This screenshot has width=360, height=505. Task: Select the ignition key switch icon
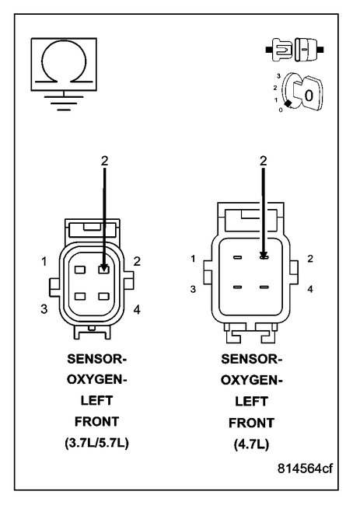pos(299,92)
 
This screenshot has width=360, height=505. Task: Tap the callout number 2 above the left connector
pos(104,161)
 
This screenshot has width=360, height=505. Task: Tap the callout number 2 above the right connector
pos(264,160)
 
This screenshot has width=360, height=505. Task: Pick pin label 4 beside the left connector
pos(137,310)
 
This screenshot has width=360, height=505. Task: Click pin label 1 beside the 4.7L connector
pos(193,258)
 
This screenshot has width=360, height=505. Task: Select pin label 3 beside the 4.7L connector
pos(193,288)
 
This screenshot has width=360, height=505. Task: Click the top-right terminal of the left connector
pos(103,270)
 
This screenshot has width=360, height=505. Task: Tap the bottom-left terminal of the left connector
pos(80,297)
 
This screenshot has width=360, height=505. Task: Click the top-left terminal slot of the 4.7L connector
pos(237,256)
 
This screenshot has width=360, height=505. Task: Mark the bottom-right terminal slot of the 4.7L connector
pos(264,287)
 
